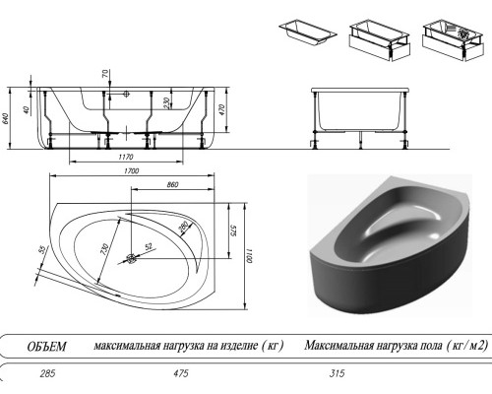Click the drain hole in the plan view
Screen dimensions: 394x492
133,260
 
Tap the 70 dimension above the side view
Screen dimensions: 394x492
105,74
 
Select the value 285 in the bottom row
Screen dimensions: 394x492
43,374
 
